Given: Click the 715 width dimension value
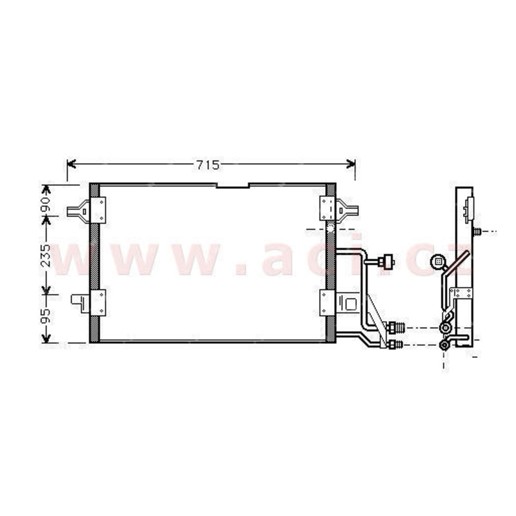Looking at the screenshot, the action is pyautogui.click(x=208, y=165).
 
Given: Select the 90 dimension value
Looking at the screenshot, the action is pyautogui.click(x=45, y=204).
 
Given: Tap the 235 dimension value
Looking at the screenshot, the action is pyautogui.click(x=45, y=255).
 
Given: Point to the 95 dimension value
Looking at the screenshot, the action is pyautogui.click(x=45, y=316).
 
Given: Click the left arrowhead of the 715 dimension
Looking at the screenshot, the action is pyautogui.click(x=72, y=164).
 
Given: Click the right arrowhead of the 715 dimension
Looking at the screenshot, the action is pyautogui.click(x=351, y=164).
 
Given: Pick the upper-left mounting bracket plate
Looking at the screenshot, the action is pyautogui.click(x=98, y=210).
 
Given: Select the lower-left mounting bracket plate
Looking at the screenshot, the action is pyautogui.click(x=98, y=303).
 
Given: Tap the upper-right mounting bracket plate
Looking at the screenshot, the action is pyautogui.click(x=328, y=208).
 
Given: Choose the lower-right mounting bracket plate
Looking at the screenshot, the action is pyautogui.click(x=328, y=303).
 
